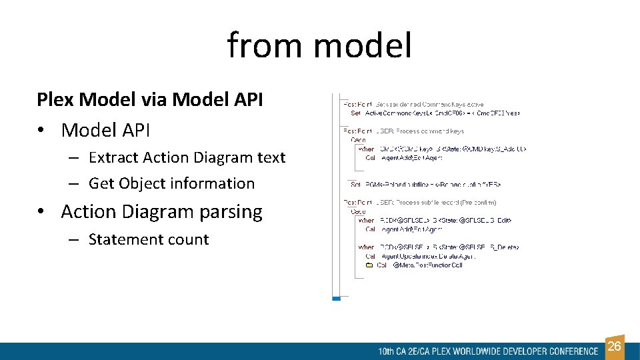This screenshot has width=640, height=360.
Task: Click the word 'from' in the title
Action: pos(265,45)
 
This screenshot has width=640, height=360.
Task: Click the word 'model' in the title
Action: pos(362,45)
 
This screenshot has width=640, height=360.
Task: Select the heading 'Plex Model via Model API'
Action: pos(150,100)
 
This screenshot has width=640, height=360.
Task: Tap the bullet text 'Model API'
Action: pos(105,130)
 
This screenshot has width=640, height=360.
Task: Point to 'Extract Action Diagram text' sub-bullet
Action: pos(187,157)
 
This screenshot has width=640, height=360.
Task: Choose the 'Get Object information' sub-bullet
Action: pos(171,183)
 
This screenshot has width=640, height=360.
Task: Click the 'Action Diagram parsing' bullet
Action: pos(161,212)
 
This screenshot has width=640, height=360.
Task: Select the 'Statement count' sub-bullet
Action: pos(149,239)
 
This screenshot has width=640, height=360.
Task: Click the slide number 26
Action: pos(615,346)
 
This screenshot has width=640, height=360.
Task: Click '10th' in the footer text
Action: pos(386,351)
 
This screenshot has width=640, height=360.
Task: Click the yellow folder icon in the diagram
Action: pos(369,265)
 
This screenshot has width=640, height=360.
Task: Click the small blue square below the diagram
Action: pos(336,298)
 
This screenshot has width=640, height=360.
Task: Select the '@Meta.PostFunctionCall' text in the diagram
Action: pos(427,265)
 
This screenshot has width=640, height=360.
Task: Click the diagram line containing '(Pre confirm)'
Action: pos(420,202)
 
